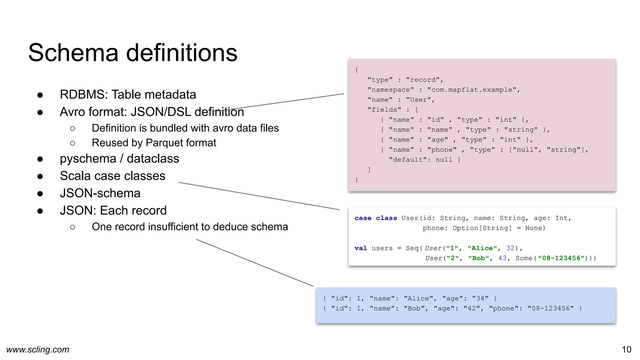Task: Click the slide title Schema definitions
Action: pos(133,52)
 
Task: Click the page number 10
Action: pos(626,349)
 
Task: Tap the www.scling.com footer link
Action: pos(38,349)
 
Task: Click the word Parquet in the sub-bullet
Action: pos(162,143)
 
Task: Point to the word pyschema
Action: pos(88,159)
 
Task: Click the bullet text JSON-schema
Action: pos(100,193)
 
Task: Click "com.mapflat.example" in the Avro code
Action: pos(472,90)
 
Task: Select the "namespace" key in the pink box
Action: pos(391,90)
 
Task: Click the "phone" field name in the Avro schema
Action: pos(442,150)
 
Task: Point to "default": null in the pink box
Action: pos(424,160)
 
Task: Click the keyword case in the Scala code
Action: pos(363,218)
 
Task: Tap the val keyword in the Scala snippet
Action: pos(361,248)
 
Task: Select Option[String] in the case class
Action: pos(482,228)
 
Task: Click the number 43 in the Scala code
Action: pos(502,258)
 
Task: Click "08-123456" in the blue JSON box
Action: pos(551,308)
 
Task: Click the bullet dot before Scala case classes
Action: pos(40,176)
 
